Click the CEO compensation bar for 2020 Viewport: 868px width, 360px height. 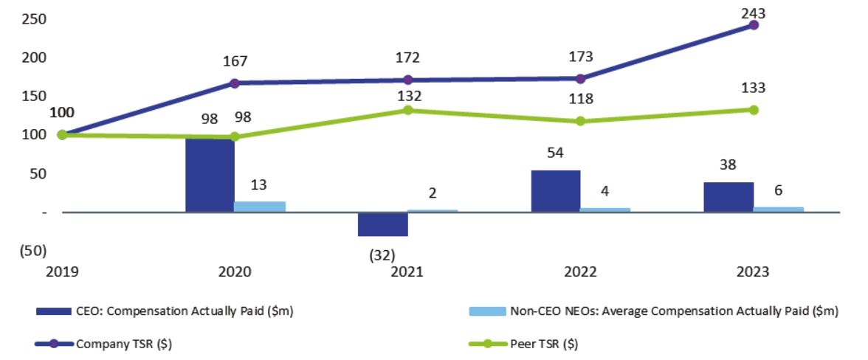[210, 175]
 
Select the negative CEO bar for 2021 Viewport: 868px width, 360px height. [382, 224]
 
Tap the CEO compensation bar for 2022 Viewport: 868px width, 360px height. [556, 191]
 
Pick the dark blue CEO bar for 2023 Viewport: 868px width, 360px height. [728, 197]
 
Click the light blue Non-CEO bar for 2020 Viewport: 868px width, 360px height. [259, 207]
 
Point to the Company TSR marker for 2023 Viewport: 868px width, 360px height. [754, 25]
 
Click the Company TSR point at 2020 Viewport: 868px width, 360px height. [235, 83]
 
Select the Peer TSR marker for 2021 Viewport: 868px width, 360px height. [407, 110]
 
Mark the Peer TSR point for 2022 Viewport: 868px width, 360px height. [580, 121]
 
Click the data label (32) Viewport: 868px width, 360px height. [382, 255]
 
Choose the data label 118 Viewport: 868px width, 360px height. [580, 99]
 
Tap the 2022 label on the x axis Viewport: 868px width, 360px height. [580, 272]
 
